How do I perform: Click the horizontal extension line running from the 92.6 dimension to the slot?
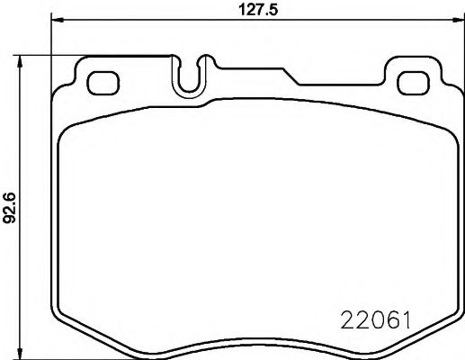point(99,55)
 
